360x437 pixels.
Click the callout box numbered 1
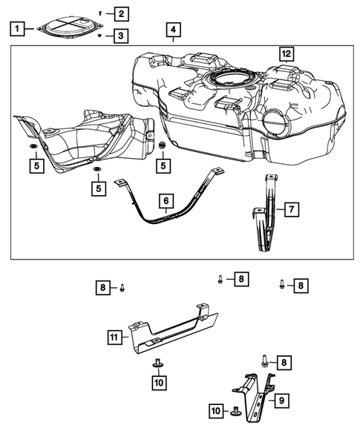[16, 29]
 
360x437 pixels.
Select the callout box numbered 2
[120, 13]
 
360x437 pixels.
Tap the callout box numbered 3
[120, 35]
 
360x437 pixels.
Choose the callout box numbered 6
[166, 200]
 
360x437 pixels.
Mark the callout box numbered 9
[281, 400]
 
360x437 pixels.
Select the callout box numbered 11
[114, 338]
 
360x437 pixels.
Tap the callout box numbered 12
[286, 53]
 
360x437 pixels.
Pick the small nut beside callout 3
[101, 35]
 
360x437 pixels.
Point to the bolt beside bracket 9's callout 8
[264, 361]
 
